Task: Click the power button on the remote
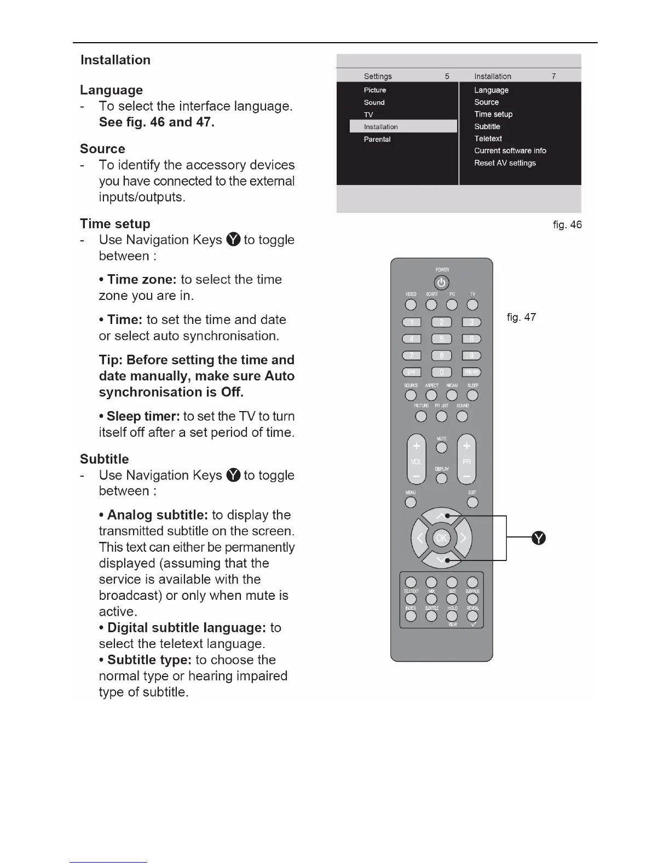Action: [442, 283]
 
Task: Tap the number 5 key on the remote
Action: [442, 339]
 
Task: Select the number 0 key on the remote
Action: [442, 373]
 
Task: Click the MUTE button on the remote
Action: [442, 448]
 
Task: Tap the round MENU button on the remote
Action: [411, 502]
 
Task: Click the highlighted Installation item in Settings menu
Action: [403, 126]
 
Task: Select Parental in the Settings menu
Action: [377, 139]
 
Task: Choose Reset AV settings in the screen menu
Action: [505, 163]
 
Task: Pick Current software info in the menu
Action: [510, 151]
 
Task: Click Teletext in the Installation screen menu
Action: [488, 138]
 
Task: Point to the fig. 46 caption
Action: [567, 224]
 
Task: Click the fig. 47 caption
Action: [521, 317]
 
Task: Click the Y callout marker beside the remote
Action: [539, 538]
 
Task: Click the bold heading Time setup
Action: [115, 223]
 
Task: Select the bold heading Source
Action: [102, 149]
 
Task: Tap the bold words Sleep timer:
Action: [143, 416]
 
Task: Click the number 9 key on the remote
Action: [472, 356]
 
